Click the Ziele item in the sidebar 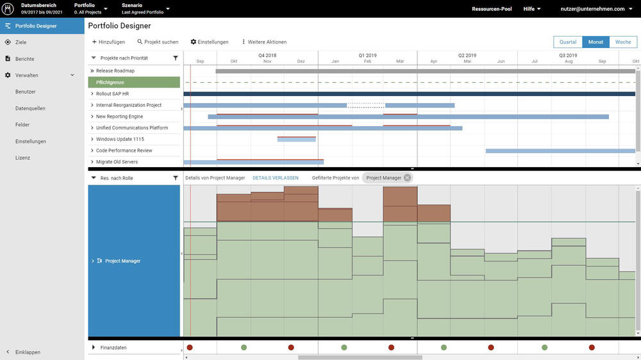(x=21, y=42)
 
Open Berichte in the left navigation (x=24, y=59)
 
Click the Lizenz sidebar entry (x=23, y=158)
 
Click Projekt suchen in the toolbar (x=158, y=42)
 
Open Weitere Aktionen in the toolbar (x=264, y=42)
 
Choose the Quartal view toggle (x=568, y=42)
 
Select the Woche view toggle (x=622, y=42)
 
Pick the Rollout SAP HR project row (x=112, y=94)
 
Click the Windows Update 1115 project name (x=120, y=139)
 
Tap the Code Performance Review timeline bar (x=560, y=151)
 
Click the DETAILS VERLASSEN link (x=275, y=177)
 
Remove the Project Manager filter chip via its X (x=407, y=177)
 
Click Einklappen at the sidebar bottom (x=28, y=352)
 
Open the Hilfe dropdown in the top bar (x=531, y=9)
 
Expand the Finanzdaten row (x=94, y=347)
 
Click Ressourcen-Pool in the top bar (x=492, y=9)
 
